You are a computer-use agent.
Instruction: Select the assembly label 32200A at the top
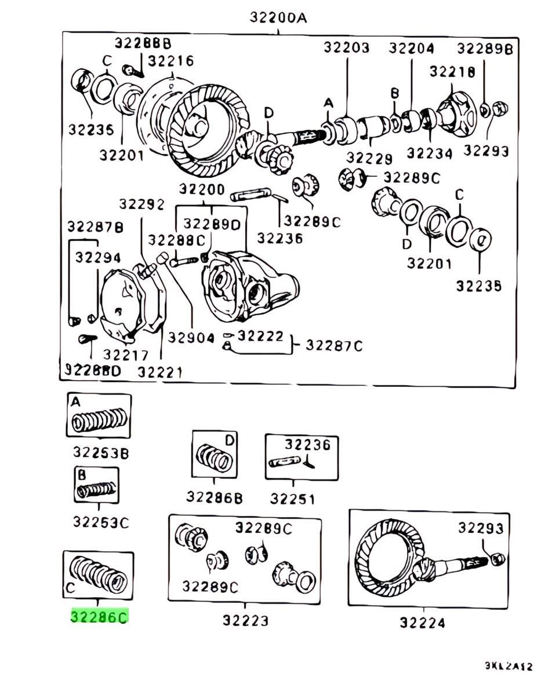click(x=278, y=17)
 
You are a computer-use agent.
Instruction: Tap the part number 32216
click(x=171, y=61)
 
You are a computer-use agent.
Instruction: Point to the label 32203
click(x=346, y=47)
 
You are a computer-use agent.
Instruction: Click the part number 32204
click(x=411, y=47)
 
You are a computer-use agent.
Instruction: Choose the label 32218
click(x=452, y=71)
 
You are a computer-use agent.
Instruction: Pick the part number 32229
click(x=369, y=158)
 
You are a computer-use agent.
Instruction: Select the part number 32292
click(x=142, y=204)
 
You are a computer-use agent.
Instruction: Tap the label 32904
click(x=191, y=338)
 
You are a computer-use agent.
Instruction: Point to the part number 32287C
click(x=334, y=346)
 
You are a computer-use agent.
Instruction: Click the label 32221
click(x=160, y=372)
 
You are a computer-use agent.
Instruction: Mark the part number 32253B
click(x=100, y=452)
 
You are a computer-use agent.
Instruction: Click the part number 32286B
click(x=215, y=497)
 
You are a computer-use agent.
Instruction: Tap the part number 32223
click(x=245, y=620)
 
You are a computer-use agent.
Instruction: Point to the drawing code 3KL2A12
click(x=509, y=667)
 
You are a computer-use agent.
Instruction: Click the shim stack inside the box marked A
click(x=100, y=420)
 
